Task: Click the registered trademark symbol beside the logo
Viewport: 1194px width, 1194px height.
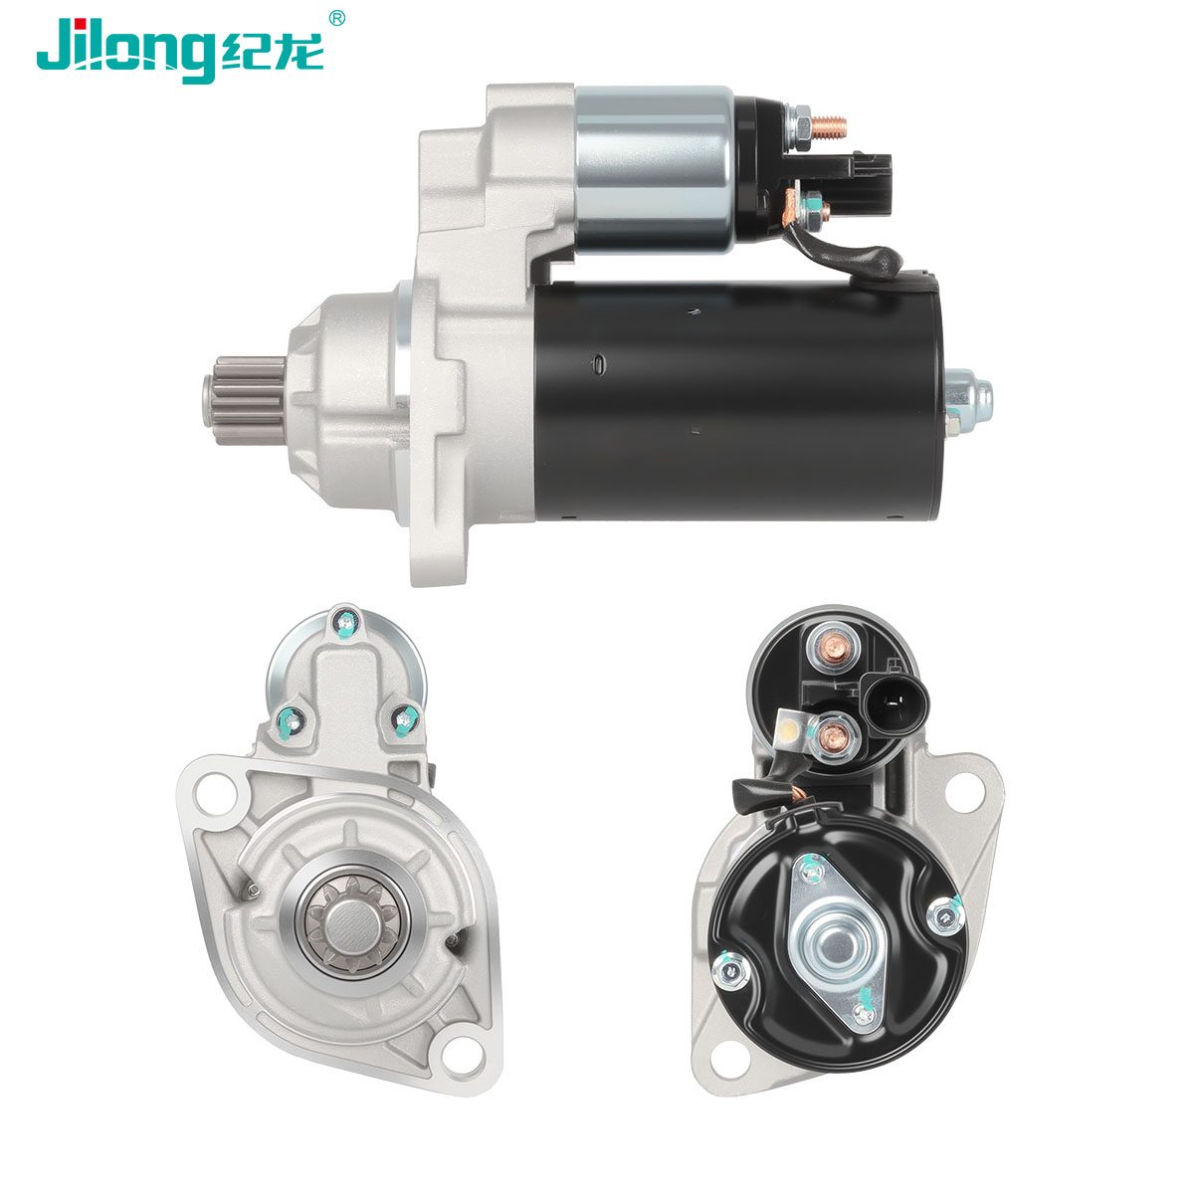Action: pyautogui.click(x=336, y=18)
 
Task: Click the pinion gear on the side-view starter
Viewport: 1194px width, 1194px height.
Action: pyautogui.click(x=244, y=401)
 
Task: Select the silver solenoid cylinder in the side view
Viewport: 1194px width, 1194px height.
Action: pyautogui.click(x=655, y=169)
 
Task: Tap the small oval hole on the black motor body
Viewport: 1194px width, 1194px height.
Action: pyautogui.click(x=598, y=363)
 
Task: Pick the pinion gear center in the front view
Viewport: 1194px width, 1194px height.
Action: pyautogui.click(x=351, y=927)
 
